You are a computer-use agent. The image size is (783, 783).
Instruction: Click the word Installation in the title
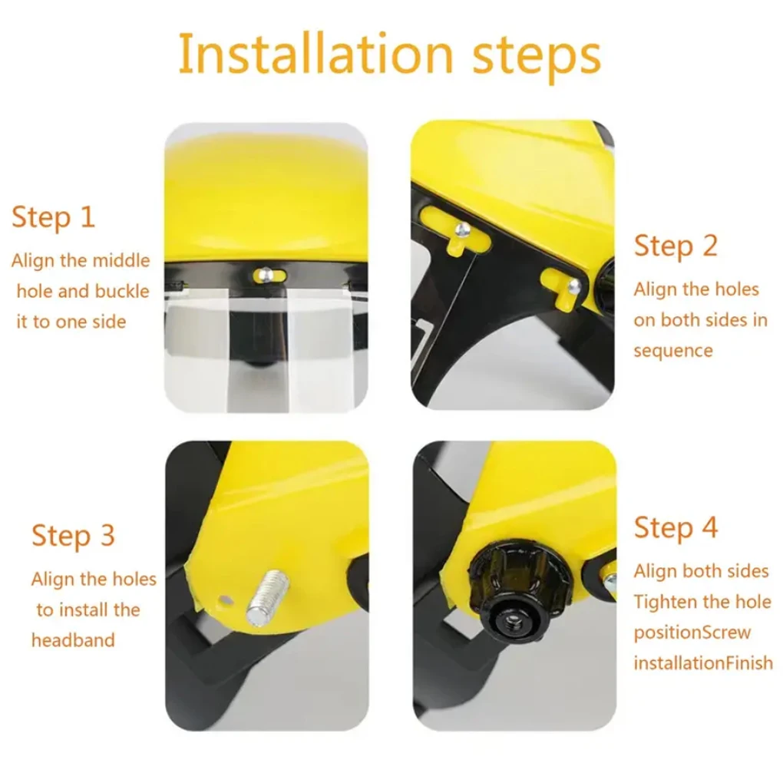coord(316,54)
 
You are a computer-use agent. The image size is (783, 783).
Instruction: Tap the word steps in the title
coord(537,58)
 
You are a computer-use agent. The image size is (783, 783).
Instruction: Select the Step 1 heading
coord(54,218)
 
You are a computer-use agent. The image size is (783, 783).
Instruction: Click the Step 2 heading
coord(676,246)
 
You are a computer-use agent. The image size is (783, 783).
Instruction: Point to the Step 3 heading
coord(74,536)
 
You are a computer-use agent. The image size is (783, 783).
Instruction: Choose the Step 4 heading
coord(676,528)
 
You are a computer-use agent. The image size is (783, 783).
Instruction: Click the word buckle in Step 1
coord(122,291)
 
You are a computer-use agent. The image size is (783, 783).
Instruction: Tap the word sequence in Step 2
coord(673,351)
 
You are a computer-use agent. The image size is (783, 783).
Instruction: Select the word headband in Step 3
coord(73,640)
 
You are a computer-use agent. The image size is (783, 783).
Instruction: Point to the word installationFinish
coord(703,663)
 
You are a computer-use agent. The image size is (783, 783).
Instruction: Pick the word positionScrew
coord(692,633)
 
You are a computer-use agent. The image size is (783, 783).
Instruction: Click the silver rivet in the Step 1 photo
coord(266,273)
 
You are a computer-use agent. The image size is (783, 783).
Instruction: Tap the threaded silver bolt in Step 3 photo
coord(268,597)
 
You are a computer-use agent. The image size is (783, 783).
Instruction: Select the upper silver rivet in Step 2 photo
coord(462,230)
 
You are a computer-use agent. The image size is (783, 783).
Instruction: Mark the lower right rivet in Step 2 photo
coord(575,286)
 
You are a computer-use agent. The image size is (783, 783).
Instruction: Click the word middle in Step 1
coord(121,260)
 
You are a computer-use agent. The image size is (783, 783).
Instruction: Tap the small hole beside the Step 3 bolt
coord(226,600)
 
